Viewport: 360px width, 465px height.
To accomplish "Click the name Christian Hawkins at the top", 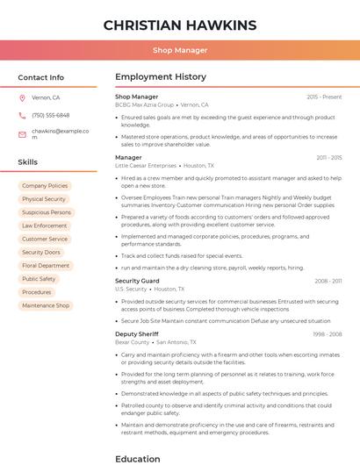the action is pos(180,25).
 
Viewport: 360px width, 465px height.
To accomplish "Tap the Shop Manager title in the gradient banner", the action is pos(180,51).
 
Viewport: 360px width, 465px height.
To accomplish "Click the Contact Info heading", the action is pos(40,77).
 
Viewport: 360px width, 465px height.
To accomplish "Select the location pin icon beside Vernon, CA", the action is pos(22,98).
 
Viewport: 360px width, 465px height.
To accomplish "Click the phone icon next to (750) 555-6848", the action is pos(22,116).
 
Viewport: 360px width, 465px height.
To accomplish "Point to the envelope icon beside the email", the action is pos(22,133).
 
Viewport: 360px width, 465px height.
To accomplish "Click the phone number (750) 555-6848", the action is pos(50,116).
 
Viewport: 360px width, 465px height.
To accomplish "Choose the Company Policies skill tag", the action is pos(45,186).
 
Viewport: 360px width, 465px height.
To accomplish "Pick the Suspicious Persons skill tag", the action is pos(47,212).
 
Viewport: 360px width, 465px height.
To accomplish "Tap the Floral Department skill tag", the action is pos(46,266).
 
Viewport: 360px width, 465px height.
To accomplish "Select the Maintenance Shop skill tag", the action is pos(46,305).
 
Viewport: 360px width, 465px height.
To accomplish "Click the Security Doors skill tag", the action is pos(41,253).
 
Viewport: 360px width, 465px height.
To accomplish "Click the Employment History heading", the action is pos(161,77).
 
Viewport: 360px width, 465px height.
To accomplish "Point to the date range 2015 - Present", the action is pos(324,97).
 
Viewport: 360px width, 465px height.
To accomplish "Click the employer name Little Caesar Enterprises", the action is pos(146,165).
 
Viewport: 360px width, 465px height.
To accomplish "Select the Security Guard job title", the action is pos(137,281).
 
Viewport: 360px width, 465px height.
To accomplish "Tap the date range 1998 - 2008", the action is pos(328,334).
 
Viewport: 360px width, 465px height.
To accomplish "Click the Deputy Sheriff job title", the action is pos(136,334).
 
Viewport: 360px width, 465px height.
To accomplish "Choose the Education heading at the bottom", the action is pos(138,458).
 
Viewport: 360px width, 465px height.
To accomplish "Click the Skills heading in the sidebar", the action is pos(28,162).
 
